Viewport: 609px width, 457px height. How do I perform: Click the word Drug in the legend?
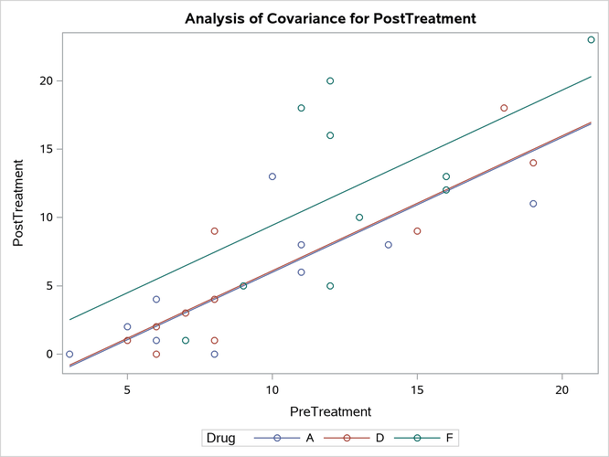tap(220, 439)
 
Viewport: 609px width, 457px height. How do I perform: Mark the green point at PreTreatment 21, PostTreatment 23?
tap(591, 39)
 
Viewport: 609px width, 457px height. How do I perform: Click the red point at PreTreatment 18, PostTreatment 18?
tap(504, 108)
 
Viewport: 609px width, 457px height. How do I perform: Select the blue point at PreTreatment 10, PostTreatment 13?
tap(272, 176)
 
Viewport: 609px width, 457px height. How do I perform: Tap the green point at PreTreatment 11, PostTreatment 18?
tap(301, 108)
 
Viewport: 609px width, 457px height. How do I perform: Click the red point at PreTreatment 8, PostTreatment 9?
tap(214, 231)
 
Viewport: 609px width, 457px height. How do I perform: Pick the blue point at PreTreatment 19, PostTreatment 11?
tap(533, 204)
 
